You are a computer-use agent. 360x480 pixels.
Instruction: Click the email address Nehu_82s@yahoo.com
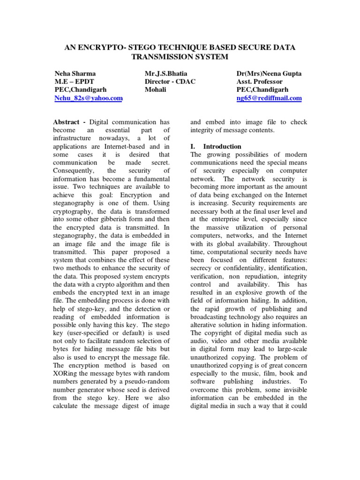click(89, 98)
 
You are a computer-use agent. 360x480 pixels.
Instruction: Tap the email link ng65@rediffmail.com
click(269, 98)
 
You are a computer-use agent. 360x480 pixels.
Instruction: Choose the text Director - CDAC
click(170, 81)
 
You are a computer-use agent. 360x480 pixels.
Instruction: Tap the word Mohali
click(156, 90)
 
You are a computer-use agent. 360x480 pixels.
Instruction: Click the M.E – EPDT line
click(74, 81)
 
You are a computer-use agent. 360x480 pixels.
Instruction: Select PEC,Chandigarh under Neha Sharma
click(81, 90)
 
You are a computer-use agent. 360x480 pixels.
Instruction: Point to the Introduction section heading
click(222, 146)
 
